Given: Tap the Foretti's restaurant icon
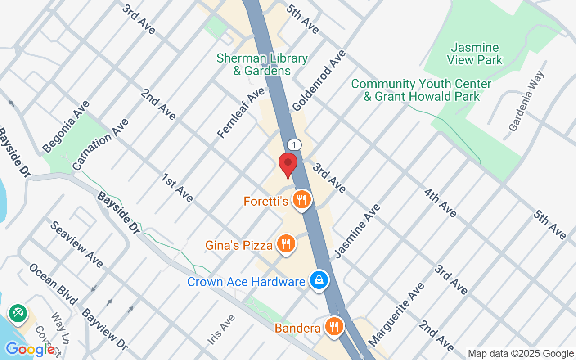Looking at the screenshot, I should pos(301,199).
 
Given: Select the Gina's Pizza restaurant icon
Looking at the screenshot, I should pos(285,244).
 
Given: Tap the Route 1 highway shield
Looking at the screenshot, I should pos(294,145).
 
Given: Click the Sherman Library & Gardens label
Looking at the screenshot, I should pos(262,64).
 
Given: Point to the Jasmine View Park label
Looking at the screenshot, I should pos(475,54).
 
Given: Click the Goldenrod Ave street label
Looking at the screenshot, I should pos(319,80).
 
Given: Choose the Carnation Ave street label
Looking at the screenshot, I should pos(101,144).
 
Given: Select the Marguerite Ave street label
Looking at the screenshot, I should pos(396,314).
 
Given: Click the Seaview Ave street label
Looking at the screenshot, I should pos(76,244).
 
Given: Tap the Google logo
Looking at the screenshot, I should pos(30,349).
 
